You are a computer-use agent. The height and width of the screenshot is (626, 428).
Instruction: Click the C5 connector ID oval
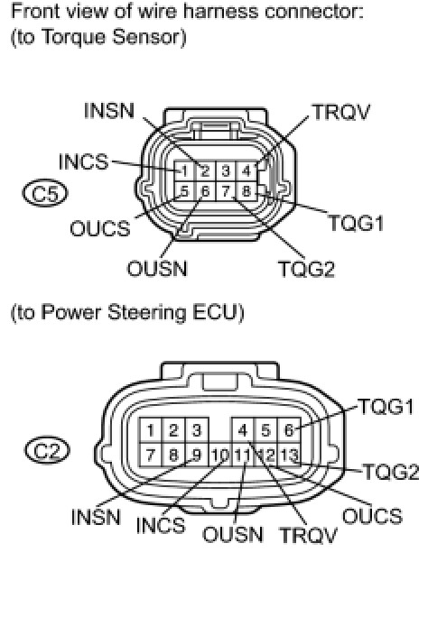[x=45, y=193]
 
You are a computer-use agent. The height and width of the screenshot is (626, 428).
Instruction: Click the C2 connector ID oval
[x=47, y=451]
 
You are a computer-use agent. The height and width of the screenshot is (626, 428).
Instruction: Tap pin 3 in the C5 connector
[x=226, y=170]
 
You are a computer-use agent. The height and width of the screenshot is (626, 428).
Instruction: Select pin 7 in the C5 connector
[x=226, y=191]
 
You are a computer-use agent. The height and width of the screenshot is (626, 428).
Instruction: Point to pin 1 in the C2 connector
[x=150, y=430]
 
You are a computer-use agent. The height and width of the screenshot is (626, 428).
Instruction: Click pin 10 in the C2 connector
[x=219, y=455]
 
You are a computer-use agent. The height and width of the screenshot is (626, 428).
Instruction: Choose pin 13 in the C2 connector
[x=289, y=455]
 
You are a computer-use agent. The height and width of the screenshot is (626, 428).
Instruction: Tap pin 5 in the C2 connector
[x=265, y=430]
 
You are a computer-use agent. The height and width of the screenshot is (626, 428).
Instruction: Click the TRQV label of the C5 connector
[x=341, y=112]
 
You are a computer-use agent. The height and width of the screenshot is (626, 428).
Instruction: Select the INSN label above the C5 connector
[x=109, y=111]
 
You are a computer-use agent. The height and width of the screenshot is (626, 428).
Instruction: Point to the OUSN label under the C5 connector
[x=157, y=269]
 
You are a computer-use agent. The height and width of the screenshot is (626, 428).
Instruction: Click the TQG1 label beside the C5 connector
[x=356, y=223]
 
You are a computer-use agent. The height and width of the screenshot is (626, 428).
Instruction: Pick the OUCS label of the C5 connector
[x=100, y=229]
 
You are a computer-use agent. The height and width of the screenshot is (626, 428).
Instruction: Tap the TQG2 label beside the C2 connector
[x=391, y=472]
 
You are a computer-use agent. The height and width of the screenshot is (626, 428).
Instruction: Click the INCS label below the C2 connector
[x=161, y=525]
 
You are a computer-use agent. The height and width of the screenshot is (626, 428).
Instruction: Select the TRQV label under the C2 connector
[x=309, y=535]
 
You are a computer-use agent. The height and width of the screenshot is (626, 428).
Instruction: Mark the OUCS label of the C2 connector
[x=372, y=516]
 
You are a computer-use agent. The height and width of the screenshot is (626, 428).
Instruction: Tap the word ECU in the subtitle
[x=216, y=312]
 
